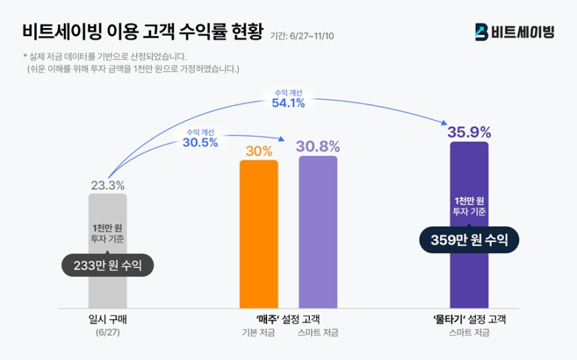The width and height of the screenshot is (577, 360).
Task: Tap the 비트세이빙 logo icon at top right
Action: pyautogui.click(x=481, y=32)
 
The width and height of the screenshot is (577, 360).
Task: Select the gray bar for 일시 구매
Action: pyautogui.click(x=107, y=288)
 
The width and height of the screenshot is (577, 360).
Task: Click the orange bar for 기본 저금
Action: pyautogui.click(x=258, y=234)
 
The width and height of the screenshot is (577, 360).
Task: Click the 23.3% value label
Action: pyautogui.click(x=107, y=185)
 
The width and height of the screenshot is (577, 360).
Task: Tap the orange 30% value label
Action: pyautogui.click(x=258, y=151)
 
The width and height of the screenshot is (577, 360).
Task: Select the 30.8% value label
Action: pyautogui.click(x=318, y=147)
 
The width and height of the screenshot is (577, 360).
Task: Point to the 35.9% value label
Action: pyautogui.click(x=469, y=132)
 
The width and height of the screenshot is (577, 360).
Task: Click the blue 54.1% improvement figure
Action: pyautogui.click(x=288, y=103)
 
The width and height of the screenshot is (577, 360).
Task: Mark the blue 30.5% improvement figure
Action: pyautogui.click(x=200, y=142)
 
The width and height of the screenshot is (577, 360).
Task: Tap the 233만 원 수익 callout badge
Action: pyautogui.click(x=107, y=265)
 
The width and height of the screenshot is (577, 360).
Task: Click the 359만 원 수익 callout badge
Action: pyautogui.click(x=469, y=239)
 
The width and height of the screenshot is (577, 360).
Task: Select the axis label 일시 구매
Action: pyautogui.click(x=107, y=319)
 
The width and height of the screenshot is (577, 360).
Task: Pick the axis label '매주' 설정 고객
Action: pyautogui.click(x=288, y=319)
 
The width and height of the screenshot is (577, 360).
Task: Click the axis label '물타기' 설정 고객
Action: pyautogui.click(x=469, y=319)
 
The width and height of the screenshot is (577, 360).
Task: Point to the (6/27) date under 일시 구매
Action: pyautogui.click(x=107, y=333)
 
